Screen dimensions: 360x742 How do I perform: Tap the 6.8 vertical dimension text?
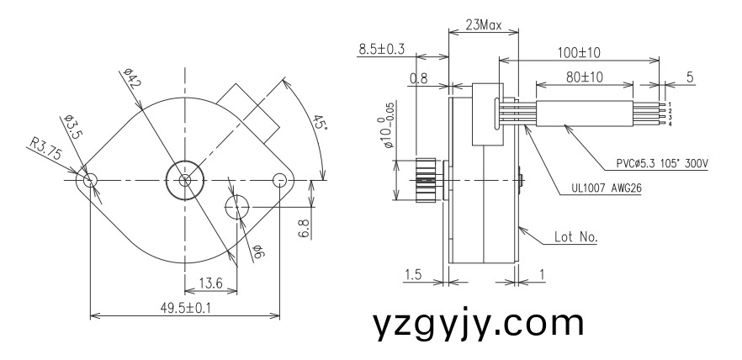click(304, 227)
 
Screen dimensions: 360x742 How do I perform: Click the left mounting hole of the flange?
click(91, 180)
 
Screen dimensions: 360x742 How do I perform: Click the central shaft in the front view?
click(184, 180)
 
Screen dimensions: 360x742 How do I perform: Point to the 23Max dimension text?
click(483, 25)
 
